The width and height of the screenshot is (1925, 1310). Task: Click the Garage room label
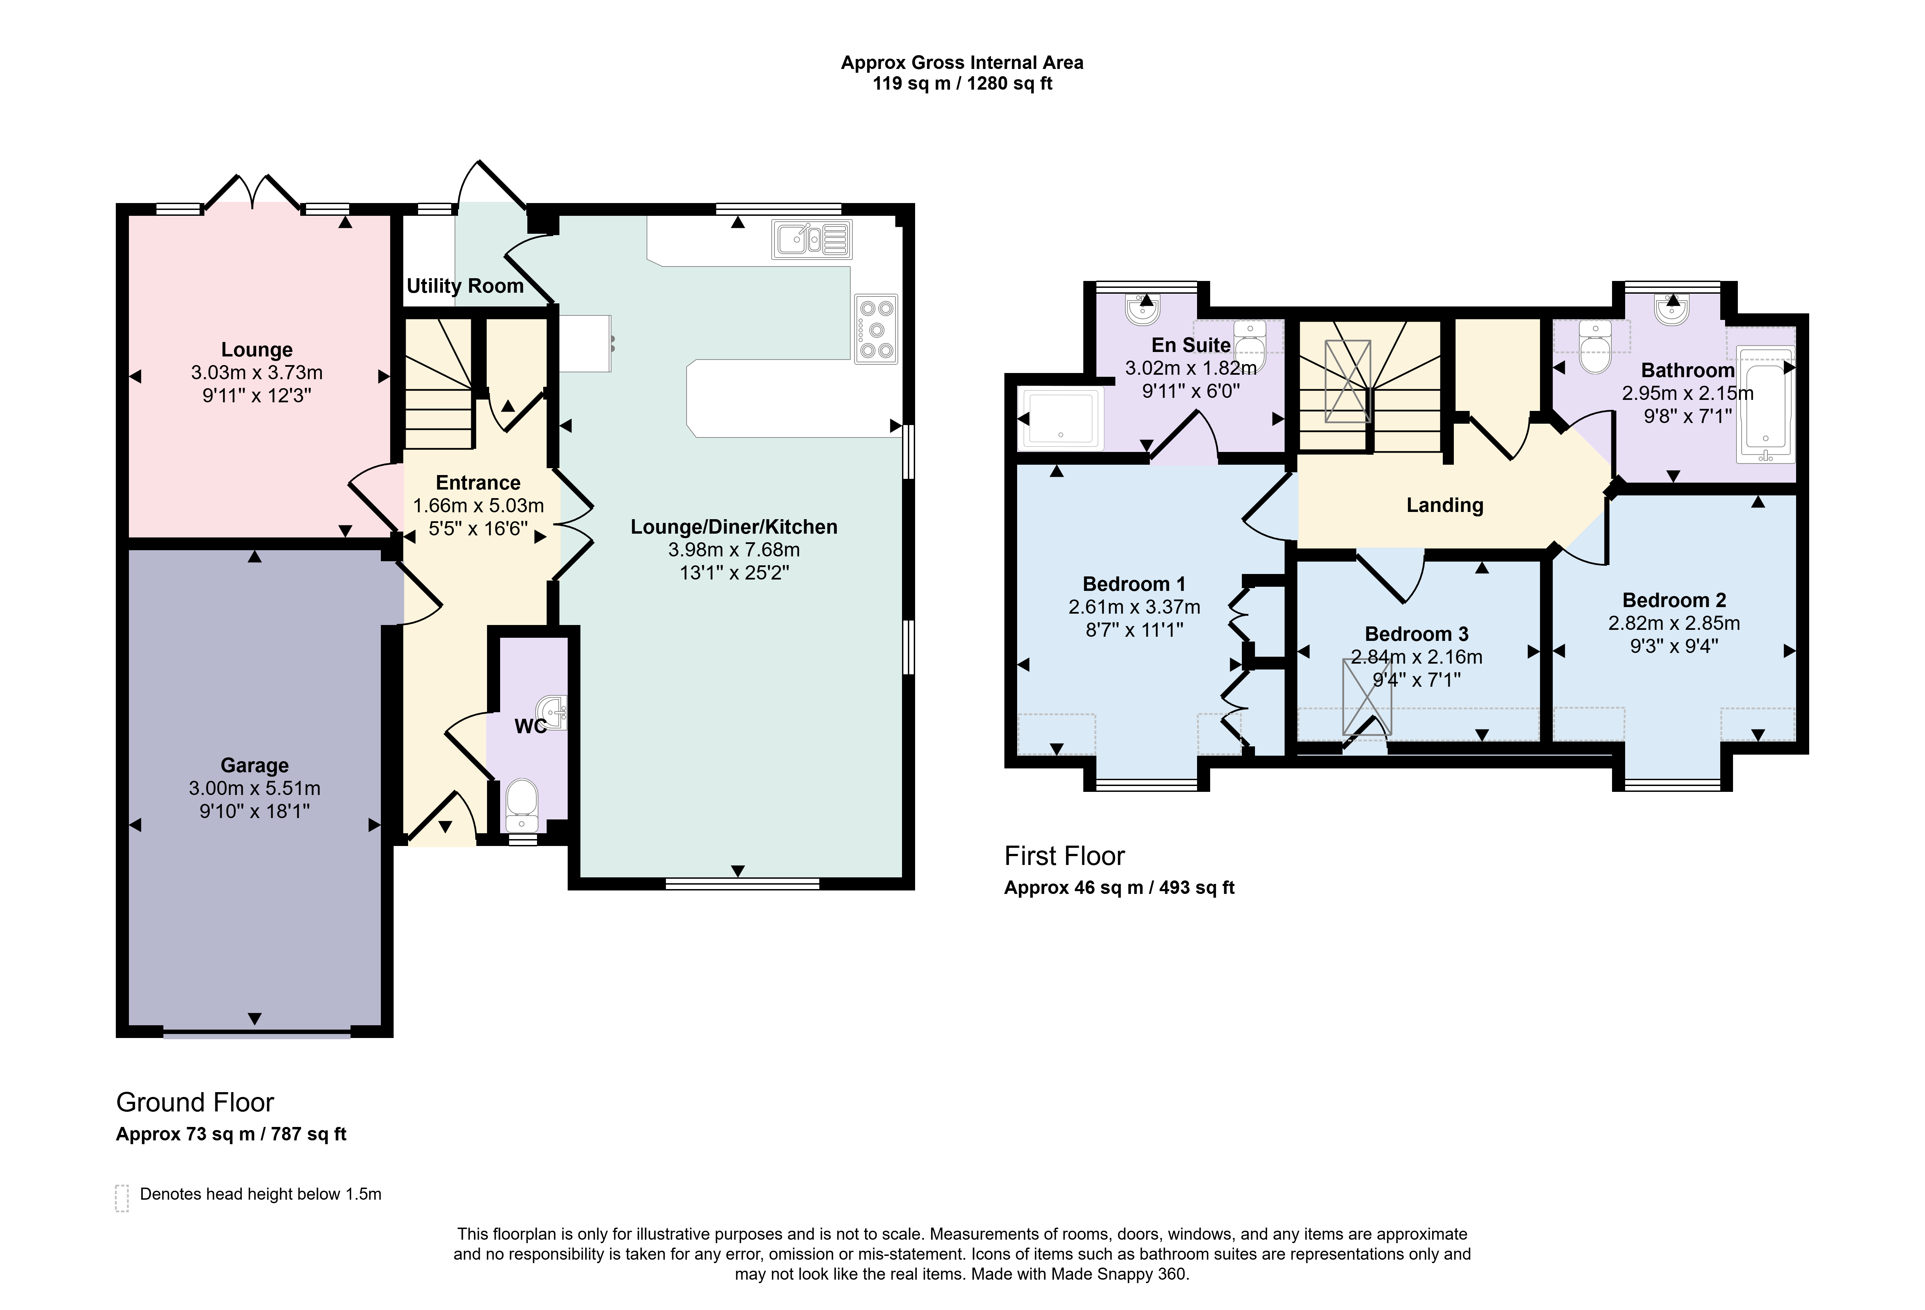coord(254,766)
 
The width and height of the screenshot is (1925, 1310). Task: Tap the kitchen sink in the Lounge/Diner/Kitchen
coord(813,240)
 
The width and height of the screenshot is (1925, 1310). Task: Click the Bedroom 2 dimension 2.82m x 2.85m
coord(1674,623)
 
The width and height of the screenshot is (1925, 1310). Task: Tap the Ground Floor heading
coord(195,1102)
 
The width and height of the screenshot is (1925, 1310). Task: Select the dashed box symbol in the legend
coord(122,1198)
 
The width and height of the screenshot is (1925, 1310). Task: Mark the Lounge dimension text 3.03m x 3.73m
coord(257,373)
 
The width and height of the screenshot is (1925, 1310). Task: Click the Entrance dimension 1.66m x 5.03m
coord(479,505)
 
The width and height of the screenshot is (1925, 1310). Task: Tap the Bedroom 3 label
coord(1416,634)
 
